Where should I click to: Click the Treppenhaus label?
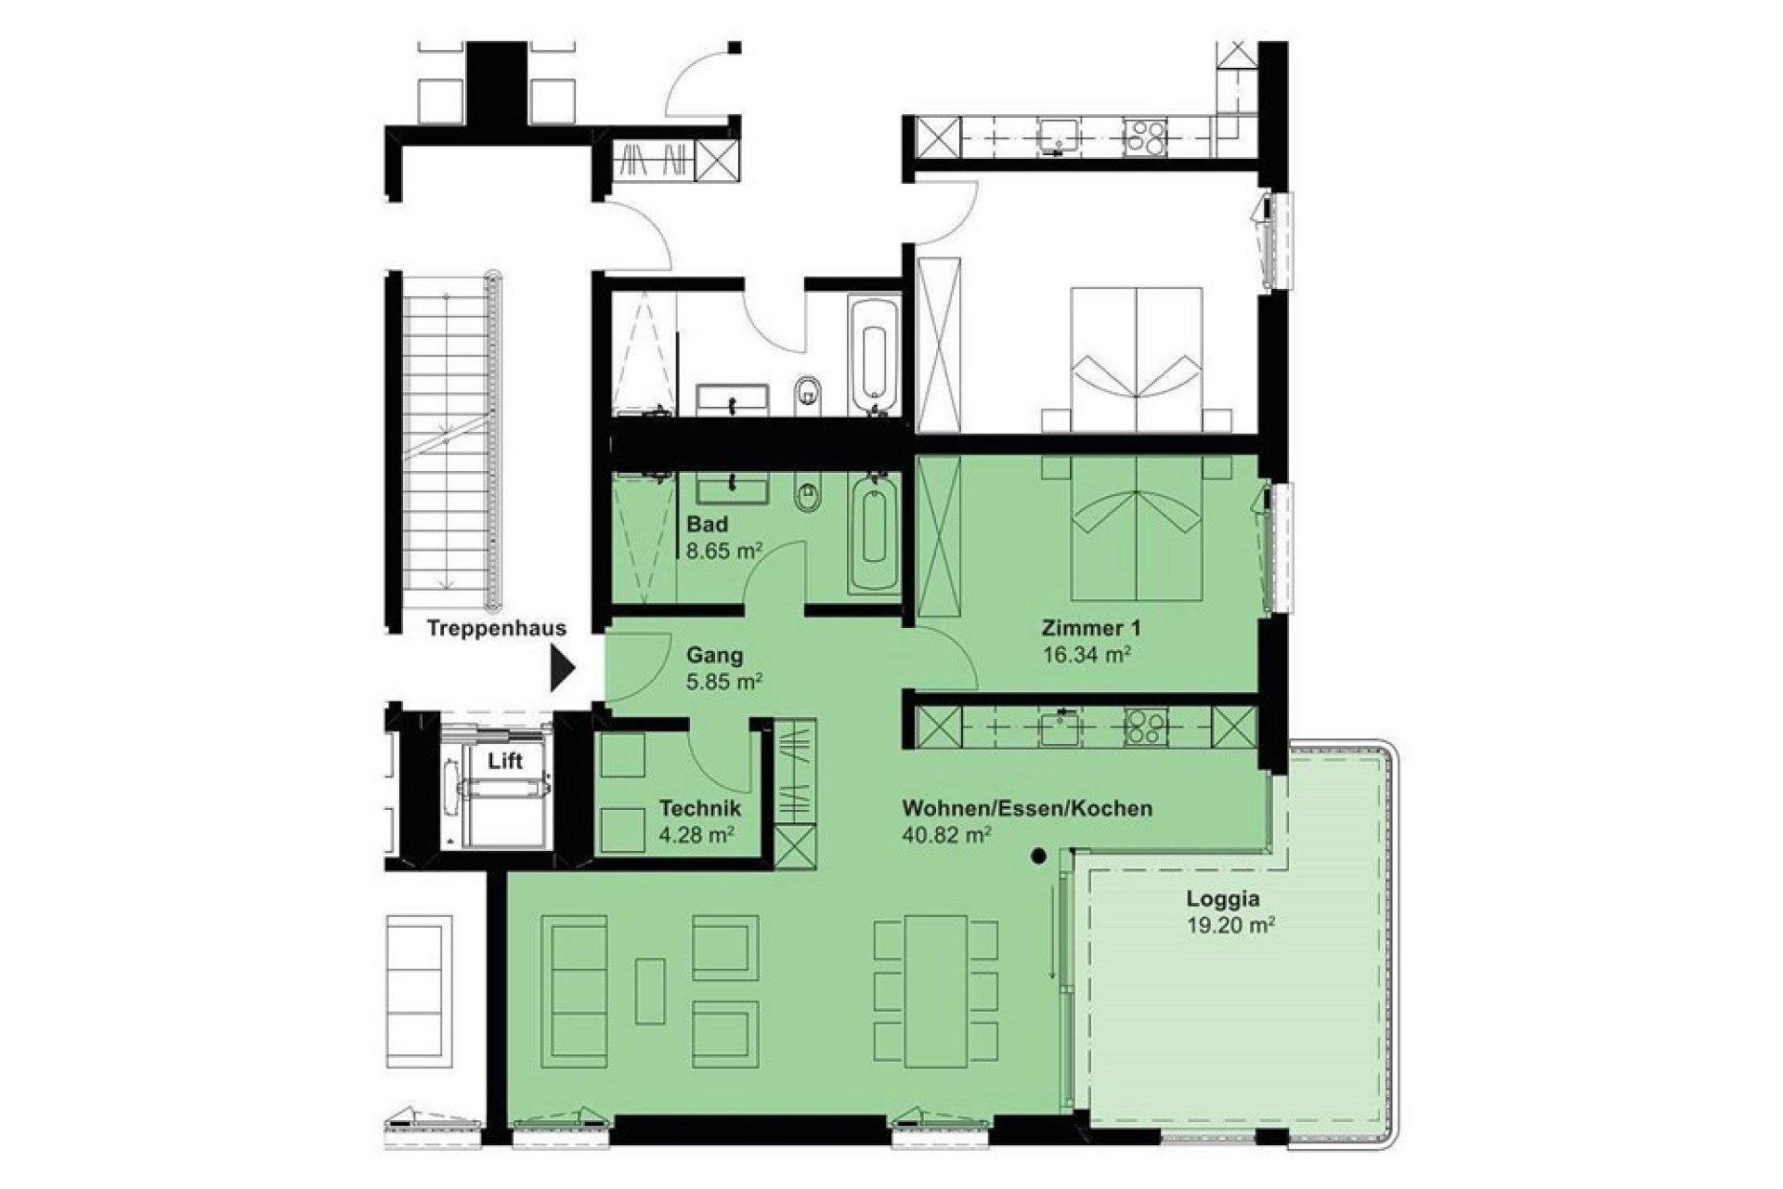click(x=497, y=628)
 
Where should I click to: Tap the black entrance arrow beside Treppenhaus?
click(x=563, y=668)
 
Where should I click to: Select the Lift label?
click(x=505, y=761)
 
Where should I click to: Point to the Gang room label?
click(x=714, y=655)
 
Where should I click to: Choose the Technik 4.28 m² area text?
click(x=699, y=820)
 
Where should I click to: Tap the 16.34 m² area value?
click(x=1087, y=655)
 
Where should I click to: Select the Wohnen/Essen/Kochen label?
click(x=1027, y=808)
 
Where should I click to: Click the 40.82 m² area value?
click(x=946, y=834)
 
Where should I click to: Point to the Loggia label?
click(x=1223, y=898)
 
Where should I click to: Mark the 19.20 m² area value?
click(x=1230, y=925)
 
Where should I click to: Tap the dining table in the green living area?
click(x=937, y=991)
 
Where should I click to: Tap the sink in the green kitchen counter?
click(x=1060, y=727)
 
